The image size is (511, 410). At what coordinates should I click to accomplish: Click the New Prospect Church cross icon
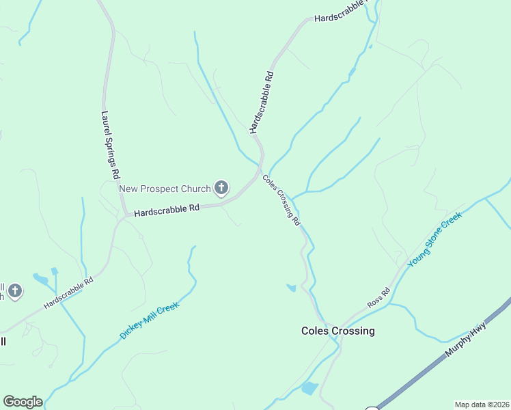point(221,187)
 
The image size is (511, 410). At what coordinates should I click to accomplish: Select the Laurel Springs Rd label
point(110,146)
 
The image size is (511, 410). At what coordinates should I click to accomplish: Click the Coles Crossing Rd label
point(281,200)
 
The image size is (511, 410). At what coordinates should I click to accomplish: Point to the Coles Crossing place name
point(338,331)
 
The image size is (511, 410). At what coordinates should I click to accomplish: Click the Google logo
point(23,402)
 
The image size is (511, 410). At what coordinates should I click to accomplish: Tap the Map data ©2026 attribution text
point(482,405)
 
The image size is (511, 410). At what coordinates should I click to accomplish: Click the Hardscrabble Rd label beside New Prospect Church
point(167,210)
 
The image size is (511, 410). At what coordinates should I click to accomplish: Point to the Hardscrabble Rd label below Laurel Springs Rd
point(68,292)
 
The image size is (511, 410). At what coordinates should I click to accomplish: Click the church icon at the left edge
point(14,292)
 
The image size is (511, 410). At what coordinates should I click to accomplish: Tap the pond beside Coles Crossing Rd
point(292,288)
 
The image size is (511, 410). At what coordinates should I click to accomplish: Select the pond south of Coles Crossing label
point(309,389)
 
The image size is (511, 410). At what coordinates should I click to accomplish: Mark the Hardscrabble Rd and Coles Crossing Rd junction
point(260,169)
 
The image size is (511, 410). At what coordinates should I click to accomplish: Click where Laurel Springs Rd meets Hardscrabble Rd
point(124,215)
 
